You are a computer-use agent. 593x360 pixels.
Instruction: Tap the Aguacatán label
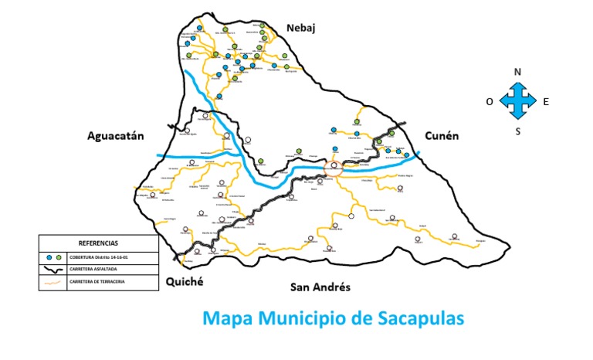coord(116,136)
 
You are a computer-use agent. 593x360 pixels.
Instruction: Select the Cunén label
coord(442,135)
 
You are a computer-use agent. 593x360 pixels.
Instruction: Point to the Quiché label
coord(184,282)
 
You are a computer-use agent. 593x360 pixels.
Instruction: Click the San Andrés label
coord(320,287)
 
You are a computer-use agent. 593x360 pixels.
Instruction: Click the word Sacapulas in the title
coord(415,318)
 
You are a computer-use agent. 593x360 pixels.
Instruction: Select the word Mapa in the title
coord(228,318)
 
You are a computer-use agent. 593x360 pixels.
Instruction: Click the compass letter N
coord(518,72)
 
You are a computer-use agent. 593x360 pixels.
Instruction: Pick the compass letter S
coord(518,131)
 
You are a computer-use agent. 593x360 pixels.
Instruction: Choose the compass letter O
coord(490,101)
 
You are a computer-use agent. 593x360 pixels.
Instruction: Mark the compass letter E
coord(546,101)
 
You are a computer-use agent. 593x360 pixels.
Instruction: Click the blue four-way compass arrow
coord(518,101)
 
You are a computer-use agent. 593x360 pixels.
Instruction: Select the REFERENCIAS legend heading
coord(99,243)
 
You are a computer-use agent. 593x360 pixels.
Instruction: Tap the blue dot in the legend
coord(49,256)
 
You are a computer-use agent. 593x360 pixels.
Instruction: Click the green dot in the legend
coord(59,256)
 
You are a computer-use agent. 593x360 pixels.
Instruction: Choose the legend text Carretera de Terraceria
coord(97,282)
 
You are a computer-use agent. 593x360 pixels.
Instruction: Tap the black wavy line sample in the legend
coord(53,270)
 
